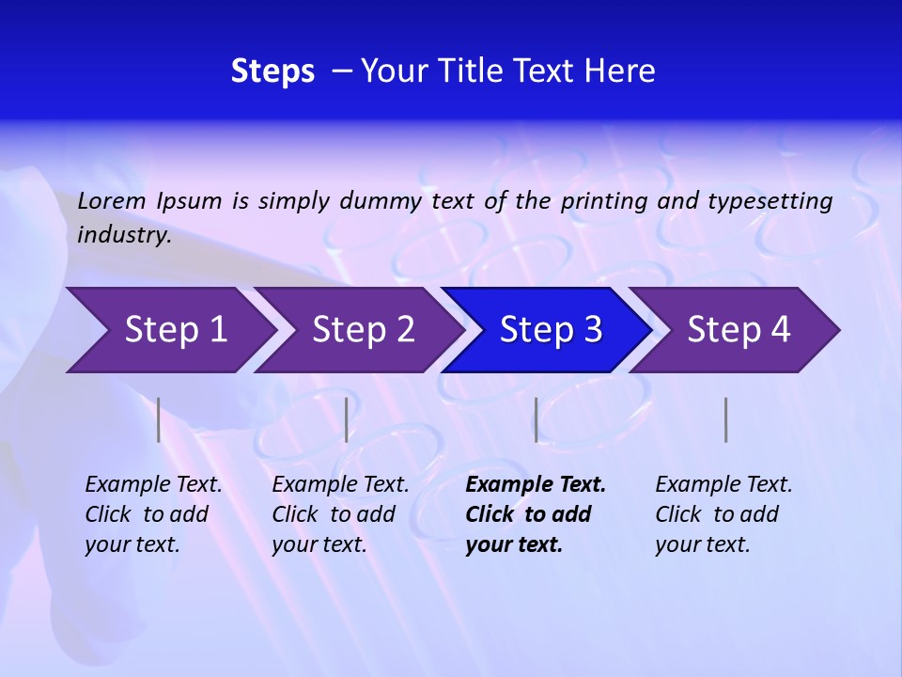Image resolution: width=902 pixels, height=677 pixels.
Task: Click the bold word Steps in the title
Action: coord(272,71)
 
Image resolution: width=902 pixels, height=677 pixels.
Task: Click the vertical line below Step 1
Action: coord(159,419)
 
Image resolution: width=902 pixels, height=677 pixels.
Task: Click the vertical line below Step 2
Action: coord(347,419)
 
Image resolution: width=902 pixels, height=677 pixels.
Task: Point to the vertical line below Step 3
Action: coord(536,419)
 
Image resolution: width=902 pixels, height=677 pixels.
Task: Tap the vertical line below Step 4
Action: coord(726,419)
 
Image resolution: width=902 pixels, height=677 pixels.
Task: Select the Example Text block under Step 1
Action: coord(153,513)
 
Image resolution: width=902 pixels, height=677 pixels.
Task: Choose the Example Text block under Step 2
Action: coord(340,513)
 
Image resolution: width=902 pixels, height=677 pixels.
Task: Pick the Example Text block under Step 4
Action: coord(723,513)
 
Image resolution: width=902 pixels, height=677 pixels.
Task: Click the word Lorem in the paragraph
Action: coord(111,201)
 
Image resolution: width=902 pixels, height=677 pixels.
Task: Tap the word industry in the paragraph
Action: coord(124,235)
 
